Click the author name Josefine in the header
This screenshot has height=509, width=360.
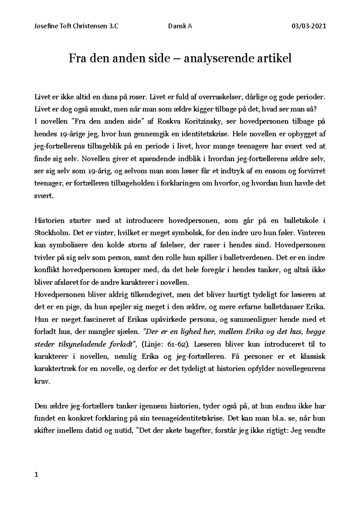tap(45, 26)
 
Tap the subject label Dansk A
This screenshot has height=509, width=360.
tap(180, 26)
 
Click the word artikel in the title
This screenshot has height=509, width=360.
tap(274, 58)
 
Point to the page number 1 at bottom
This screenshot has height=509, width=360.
tap(37, 475)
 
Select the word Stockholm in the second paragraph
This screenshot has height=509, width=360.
tap(49, 233)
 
